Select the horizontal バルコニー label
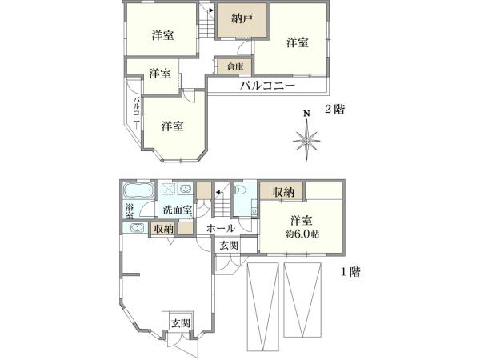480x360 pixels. [x=268, y=86]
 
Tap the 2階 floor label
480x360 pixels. [x=334, y=110]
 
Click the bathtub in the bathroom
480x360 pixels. [x=138, y=193]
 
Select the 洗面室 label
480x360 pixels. [x=177, y=210]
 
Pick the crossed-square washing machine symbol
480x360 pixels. [x=169, y=190]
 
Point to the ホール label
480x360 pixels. [x=222, y=229]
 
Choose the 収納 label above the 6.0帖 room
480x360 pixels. [x=282, y=192]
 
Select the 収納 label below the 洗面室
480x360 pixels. [x=164, y=229]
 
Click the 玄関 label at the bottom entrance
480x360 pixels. [x=180, y=323]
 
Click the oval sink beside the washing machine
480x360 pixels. [x=186, y=190]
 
